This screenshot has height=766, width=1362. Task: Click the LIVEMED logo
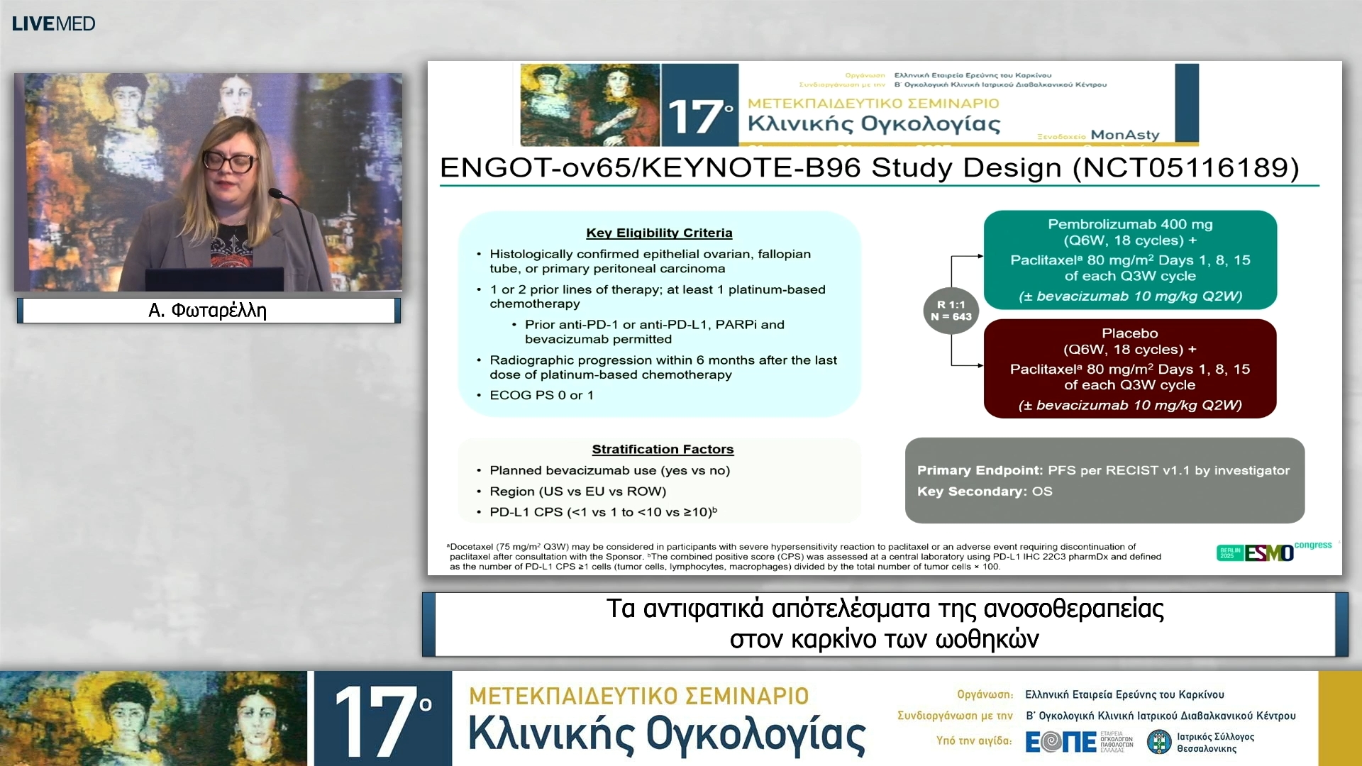pos(53,23)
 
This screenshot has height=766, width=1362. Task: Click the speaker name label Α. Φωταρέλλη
pos(208,311)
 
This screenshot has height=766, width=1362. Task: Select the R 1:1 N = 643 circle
pos(951,311)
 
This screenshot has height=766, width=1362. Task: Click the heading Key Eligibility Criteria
pos(659,233)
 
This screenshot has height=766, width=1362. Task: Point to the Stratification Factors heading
pos(663,449)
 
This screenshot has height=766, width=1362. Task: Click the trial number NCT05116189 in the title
pos(1185,167)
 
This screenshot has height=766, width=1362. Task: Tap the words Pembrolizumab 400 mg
pos(1130,224)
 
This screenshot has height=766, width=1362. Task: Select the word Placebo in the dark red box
pos(1129,333)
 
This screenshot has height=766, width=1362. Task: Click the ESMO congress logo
pos(1270,552)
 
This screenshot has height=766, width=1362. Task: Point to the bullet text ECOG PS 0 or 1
pos(541,395)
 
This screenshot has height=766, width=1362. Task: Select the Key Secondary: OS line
pos(985,491)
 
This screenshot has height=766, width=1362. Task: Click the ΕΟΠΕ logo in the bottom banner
pos(1061,742)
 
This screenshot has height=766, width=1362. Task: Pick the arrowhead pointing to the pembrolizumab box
pos(980,256)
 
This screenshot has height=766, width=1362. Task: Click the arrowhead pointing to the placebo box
pos(980,366)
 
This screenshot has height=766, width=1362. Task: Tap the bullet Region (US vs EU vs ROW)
pos(577,491)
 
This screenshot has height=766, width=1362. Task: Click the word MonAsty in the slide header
pos(1125,135)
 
